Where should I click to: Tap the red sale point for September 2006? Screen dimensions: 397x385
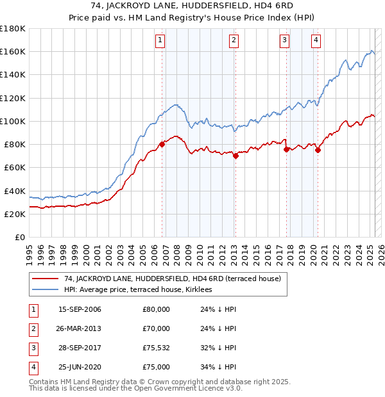point(162,144)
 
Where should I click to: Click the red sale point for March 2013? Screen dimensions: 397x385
point(235,156)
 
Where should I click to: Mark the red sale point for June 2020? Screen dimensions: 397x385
point(318,150)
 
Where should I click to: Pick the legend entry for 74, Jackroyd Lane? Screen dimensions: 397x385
point(168,279)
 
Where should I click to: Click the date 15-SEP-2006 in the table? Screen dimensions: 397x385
point(80,309)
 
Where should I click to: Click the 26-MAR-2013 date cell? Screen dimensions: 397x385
point(80,328)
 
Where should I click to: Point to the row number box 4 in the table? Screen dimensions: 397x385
point(32,367)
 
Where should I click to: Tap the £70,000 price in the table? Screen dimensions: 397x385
point(156,328)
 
